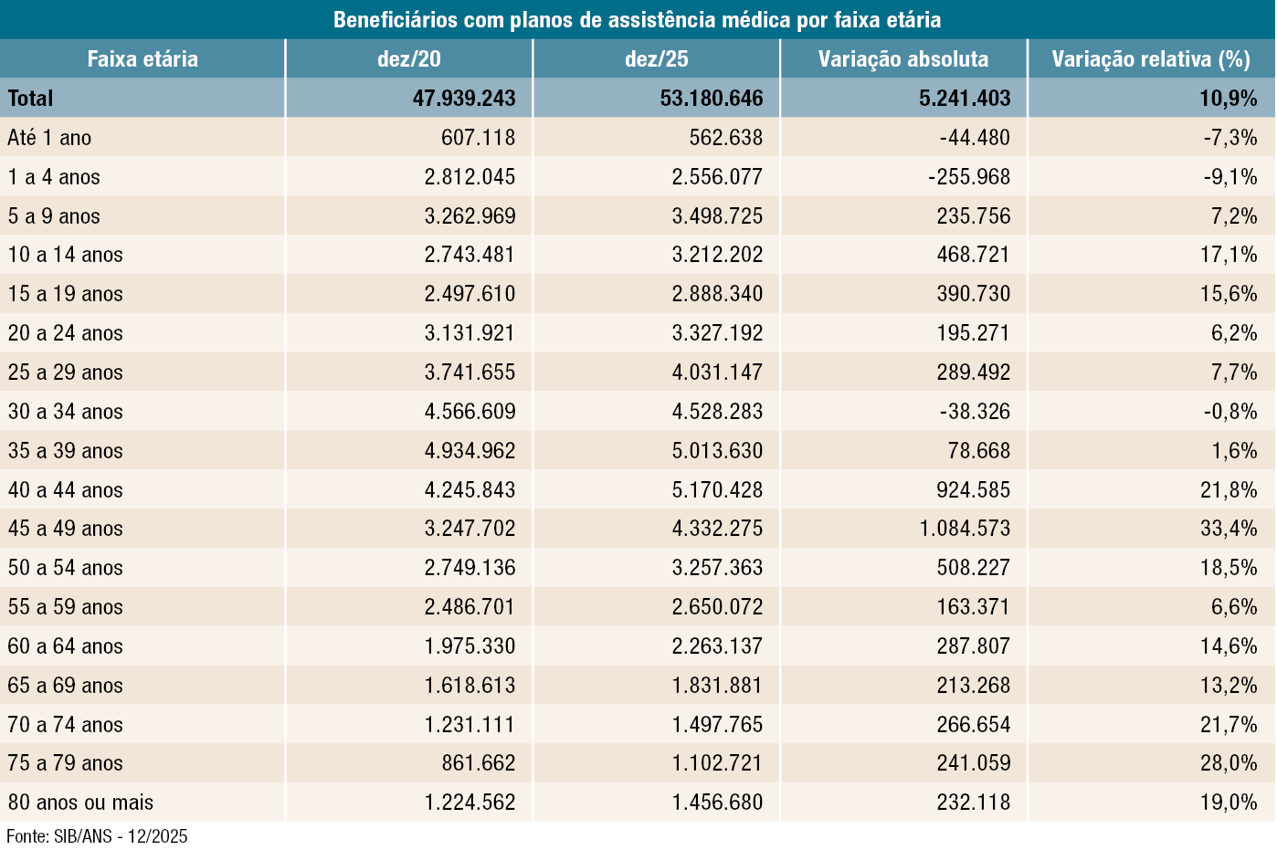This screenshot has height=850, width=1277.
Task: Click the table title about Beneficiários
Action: (x=637, y=19)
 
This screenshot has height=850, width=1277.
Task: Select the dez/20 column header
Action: (x=408, y=59)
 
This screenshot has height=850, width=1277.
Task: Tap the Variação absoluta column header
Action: (x=902, y=59)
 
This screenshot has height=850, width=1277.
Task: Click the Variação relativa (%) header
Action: (x=1150, y=59)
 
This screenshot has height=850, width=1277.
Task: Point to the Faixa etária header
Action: (x=142, y=59)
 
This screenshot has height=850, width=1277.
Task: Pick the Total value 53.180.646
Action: (x=712, y=99)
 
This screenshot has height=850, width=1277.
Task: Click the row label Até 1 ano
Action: (x=49, y=138)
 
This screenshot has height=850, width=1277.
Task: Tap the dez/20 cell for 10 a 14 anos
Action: (x=470, y=255)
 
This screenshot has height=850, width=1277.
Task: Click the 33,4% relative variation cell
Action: (x=1229, y=529)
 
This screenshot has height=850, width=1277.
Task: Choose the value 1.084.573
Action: (x=965, y=529)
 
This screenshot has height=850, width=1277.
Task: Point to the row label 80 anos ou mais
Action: (x=80, y=803)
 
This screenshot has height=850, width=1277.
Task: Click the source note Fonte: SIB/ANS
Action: (x=97, y=836)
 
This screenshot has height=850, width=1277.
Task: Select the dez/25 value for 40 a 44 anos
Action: (x=717, y=490)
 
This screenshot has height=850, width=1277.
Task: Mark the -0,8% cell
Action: (x=1230, y=412)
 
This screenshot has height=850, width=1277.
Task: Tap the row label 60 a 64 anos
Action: (x=65, y=646)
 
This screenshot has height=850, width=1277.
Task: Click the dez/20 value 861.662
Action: (x=478, y=763)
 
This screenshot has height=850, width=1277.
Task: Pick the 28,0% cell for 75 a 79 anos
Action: (x=1229, y=763)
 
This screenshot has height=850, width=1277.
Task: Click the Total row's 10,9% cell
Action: (x=1229, y=99)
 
